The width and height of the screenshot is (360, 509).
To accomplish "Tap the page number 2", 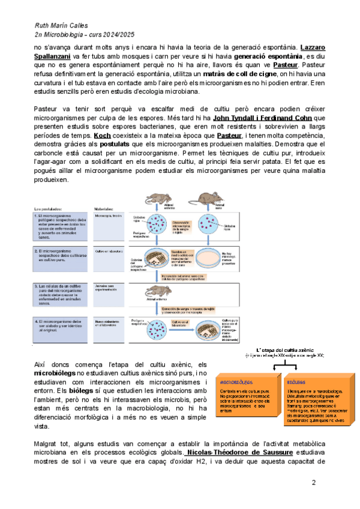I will click(x=313, y=483).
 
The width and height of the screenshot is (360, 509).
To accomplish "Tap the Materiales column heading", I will click(x=106, y=209).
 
